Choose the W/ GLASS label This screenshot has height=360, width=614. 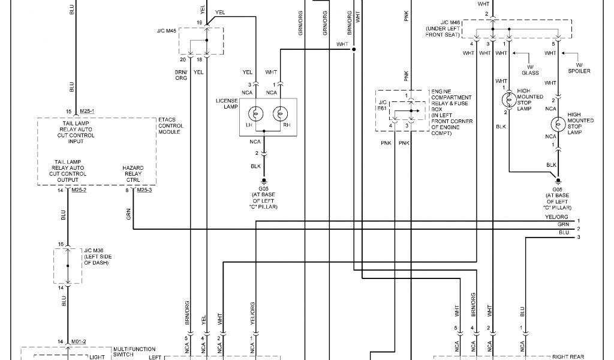click(x=530, y=70)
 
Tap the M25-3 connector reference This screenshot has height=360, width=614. click(x=145, y=190)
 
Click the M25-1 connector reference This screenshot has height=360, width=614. click(x=87, y=111)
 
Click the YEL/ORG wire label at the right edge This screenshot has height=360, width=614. click(x=556, y=217)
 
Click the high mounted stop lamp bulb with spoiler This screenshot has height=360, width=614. click(x=558, y=124)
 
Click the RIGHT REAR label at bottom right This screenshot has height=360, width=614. click(x=552, y=356)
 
